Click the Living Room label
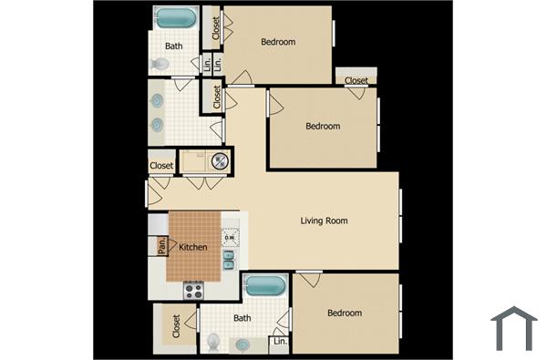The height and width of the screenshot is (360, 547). tap(324, 221)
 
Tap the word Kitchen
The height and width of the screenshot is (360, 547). tap(192, 247)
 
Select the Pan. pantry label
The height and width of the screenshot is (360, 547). tap(161, 246)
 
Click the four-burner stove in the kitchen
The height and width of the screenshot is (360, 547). tap(193, 291)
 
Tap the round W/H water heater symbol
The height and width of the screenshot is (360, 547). tap(220, 161)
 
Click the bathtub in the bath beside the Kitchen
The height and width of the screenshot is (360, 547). tap(264, 284)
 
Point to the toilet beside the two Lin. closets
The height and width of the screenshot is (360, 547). tap(160, 64)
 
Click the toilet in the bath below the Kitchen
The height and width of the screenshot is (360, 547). tap(213, 342)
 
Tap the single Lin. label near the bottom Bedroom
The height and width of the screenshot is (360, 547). tap(279, 343)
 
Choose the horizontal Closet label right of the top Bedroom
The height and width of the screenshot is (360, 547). tap(356, 80)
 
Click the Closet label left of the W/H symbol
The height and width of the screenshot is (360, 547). tap(161, 165)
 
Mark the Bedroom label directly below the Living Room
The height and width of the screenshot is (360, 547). tap(345, 313)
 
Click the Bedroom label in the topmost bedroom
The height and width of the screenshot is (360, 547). tap(278, 41)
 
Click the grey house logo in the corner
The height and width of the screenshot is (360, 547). tap(513, 328)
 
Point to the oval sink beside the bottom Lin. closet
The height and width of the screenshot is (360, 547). tap(243, 345)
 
